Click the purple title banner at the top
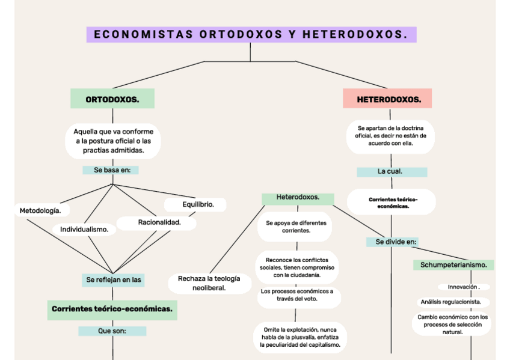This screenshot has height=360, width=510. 251,34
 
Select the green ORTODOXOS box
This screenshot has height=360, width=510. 112,99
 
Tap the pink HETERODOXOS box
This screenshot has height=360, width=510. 387,99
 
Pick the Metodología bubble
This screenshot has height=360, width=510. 40,210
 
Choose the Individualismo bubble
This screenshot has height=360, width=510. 84,229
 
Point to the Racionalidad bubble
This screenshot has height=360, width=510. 158,223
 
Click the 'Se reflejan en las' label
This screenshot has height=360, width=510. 113,280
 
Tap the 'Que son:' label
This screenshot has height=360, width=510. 112,331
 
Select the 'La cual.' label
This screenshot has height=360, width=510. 392,172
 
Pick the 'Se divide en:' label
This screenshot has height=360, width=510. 393,242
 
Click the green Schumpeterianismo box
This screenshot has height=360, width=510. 453,265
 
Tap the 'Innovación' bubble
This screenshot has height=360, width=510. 463,287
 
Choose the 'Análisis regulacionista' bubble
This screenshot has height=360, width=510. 454,302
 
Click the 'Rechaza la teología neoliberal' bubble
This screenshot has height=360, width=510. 209,283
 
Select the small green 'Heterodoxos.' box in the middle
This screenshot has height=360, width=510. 298,198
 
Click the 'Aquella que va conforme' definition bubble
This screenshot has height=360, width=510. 113,141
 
